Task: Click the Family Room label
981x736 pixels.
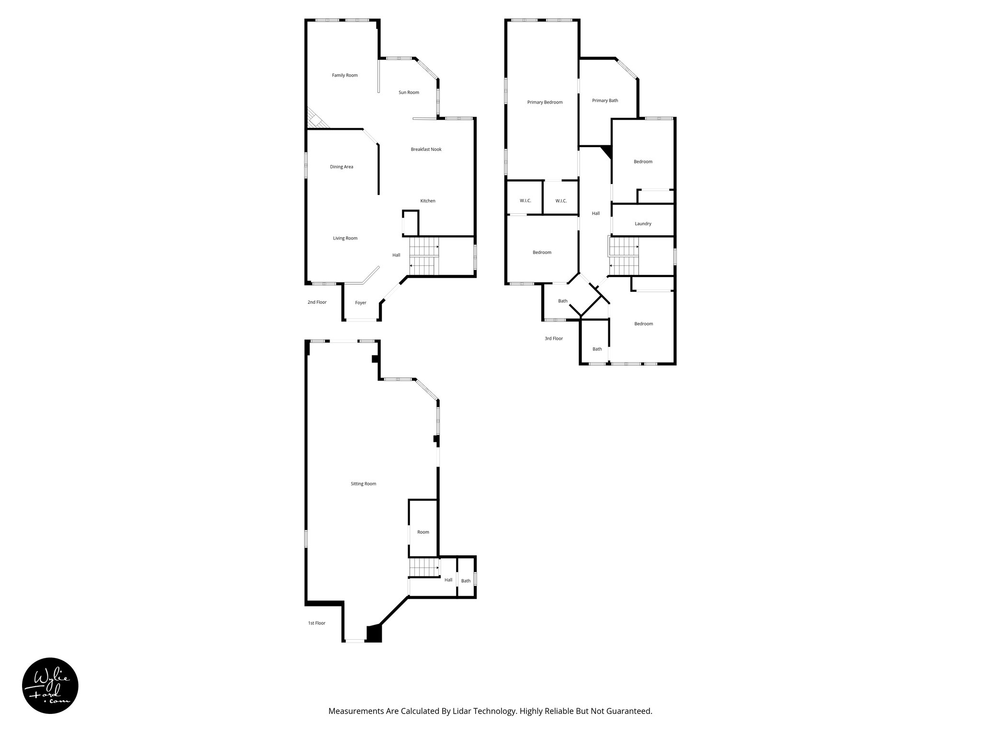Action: pos(345,75)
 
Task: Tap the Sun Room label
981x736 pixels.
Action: pos(409,92)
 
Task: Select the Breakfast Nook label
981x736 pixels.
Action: pos(426,149)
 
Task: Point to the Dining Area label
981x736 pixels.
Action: pos(342,167)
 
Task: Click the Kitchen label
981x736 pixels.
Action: pos(428,201)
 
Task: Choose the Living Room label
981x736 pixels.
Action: pos(345,238)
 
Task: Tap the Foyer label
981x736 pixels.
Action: pos(361,303)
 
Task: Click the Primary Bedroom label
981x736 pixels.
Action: pos(545,102)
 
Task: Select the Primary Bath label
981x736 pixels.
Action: pos(605,101)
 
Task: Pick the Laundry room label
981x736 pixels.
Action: pos(643,224)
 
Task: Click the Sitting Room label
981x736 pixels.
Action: pos(364,484)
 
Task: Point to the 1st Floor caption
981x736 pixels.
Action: pos(317,623)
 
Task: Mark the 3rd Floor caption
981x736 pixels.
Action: pos(554,339)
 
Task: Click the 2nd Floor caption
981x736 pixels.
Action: pos(317,302)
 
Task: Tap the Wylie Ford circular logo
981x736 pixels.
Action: pos(50,686)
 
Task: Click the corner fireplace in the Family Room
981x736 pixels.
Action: pos(316,120)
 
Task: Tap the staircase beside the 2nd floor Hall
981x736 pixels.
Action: pos(424,256)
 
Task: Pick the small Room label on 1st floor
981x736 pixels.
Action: pos(423,532)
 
